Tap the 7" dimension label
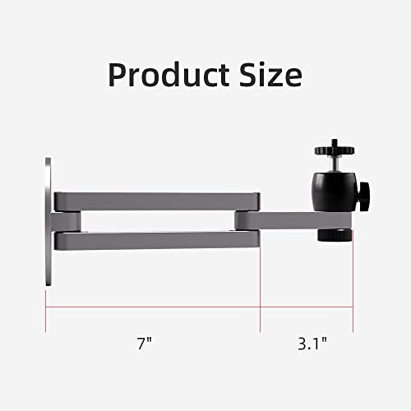tap(145, 340)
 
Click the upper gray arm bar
tap(156, 201)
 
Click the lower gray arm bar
tap(156, 240)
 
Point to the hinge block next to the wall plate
tap(68, 220)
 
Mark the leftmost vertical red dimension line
tap(46, 296)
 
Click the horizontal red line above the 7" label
tap(153, 308)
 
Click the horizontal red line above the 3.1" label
tap(307, 308)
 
